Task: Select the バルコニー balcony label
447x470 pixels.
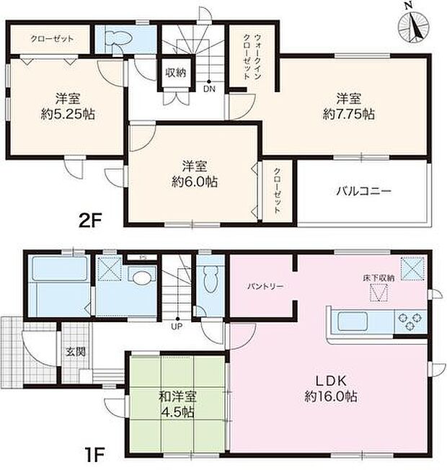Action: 363,192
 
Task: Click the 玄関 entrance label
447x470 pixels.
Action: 76,352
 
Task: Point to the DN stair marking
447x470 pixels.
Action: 209,90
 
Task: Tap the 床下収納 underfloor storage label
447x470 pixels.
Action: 378,278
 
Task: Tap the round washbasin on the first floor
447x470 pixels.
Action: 141,277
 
